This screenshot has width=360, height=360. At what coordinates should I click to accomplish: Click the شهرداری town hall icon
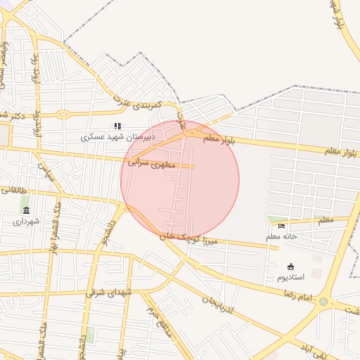coord(27,210)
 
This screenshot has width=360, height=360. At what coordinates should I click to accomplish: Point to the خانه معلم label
coord(281,237)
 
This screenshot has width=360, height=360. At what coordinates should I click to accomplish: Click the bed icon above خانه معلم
coord(281,226)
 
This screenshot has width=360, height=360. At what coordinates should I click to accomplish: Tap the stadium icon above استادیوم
coord(291,266)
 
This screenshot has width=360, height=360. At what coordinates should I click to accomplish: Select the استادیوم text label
coord(290,277)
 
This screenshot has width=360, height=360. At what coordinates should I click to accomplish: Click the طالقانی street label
coord(12,189)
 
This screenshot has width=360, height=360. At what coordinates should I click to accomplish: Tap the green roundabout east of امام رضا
coord(323,302)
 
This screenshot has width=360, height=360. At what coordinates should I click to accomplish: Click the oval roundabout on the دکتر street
coord(63,115)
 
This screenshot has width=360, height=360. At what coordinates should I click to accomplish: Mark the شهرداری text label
coord(27,221)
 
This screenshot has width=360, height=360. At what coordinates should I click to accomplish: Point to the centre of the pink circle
coord(180,180)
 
